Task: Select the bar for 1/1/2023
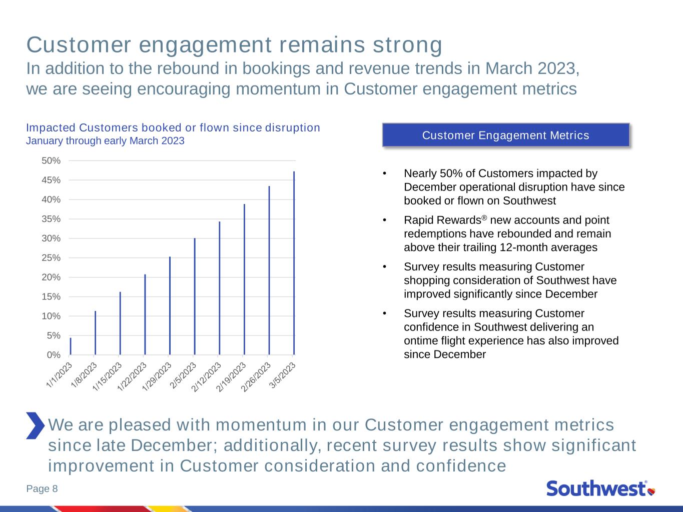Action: point(71,346)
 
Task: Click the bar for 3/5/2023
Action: point(294,263)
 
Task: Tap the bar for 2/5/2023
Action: point(195,296)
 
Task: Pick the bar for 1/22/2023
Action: point(145,314)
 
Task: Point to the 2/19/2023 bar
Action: point(244,279)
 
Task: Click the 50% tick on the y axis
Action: point(51,160)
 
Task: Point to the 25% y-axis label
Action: point(51,257)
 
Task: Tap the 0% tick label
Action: point(54,354)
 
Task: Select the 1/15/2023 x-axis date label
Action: point(107,376)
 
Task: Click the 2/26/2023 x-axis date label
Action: point(256,377)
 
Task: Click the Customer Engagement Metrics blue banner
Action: point(506,135)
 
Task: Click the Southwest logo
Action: point(601,488)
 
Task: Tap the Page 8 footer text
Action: point(42,488)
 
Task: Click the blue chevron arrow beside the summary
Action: point(36,425)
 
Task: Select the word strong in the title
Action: point(408,45)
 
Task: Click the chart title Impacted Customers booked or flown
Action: point(173,127)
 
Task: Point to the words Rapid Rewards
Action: point(442,220)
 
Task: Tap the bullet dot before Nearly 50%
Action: point(385,173)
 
